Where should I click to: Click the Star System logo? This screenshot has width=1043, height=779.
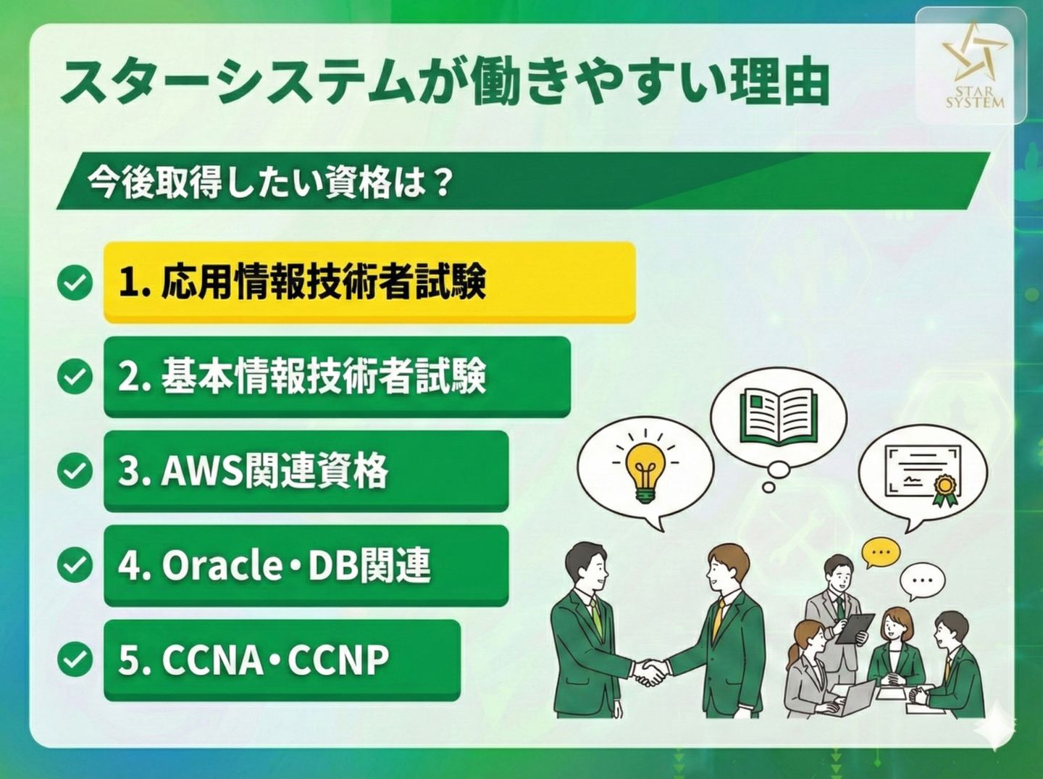[970, 66]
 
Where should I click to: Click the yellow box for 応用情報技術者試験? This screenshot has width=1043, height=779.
[369, 283]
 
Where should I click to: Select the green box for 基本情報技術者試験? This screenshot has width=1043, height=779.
[337, 378]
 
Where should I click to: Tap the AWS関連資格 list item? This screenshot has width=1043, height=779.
[306, 472]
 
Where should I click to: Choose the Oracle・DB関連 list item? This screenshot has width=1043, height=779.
[306, 566]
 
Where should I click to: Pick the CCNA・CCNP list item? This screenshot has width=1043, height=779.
[282, 660]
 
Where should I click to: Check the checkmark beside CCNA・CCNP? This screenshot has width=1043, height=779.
[75, 660]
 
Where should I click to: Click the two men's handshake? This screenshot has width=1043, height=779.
[650, 672]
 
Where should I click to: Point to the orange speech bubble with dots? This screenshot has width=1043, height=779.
[880, 552]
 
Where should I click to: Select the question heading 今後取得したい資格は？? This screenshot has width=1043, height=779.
[269, 182]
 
